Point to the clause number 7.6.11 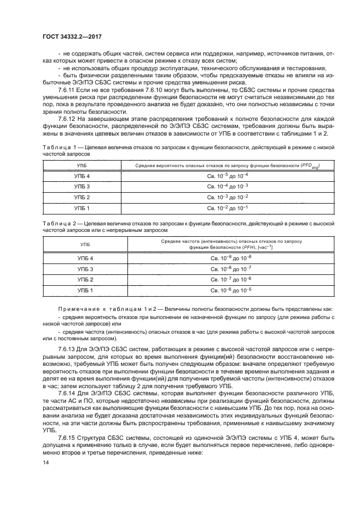pos(68,89)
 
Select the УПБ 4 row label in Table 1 pos(82,176)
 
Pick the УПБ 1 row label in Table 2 pos(82,290)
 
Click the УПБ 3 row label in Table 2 pos(82,269)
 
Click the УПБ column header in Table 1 pos(82,164)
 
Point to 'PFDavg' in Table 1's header pos(309,164)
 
